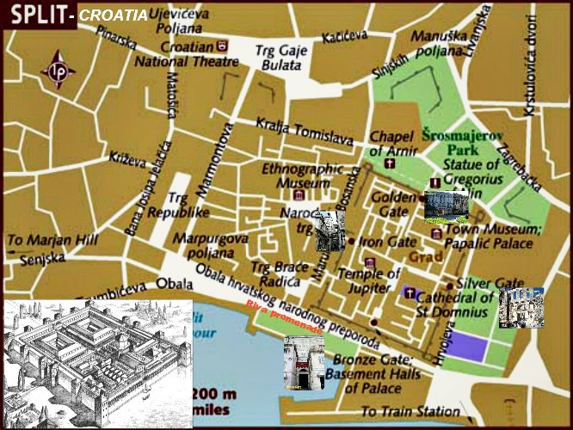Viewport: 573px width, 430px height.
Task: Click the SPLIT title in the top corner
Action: (34, 15)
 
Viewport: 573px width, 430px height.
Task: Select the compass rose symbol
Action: (59, 71)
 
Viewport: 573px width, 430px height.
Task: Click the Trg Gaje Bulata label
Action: (276, 58)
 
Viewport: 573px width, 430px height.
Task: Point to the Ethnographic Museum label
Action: (297, 175)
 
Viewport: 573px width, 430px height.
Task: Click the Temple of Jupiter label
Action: (370, 280)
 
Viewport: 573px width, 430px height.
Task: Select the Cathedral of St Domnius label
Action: (454, 304)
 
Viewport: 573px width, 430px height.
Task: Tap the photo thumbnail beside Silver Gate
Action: (521, 308)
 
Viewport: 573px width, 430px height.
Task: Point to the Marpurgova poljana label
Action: (211, 245)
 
